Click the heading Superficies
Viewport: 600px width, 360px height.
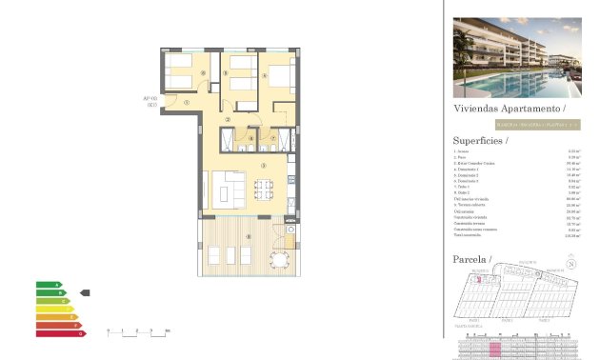[x=481, y=140]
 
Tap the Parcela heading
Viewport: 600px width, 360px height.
[x=471, y=259]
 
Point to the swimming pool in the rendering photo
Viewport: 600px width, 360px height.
[x=533, y=84]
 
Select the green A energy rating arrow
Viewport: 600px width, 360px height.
[x=49, y=285]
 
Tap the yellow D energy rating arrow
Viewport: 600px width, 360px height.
[x=54, y=309]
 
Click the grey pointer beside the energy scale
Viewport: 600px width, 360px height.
[x=85, y=292]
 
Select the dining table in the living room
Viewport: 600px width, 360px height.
[x=263, y=189]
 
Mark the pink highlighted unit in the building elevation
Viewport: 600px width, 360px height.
[x=494, y=349]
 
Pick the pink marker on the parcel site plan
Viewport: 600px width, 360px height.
[x=479, y=280]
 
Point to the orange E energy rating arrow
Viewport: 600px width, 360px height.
[x=56, y=317]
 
